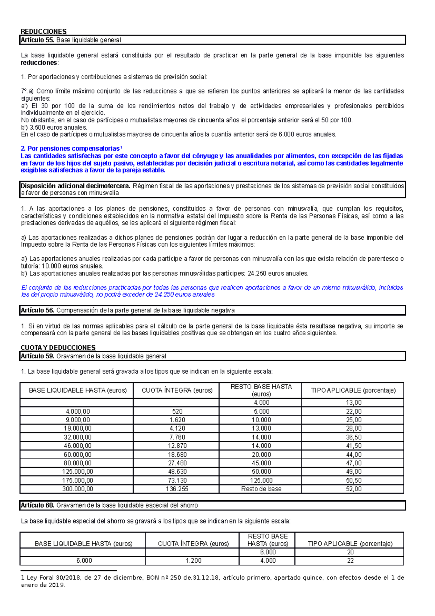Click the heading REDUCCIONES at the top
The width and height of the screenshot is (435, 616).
(43, 32)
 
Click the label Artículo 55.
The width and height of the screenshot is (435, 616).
(37, 40)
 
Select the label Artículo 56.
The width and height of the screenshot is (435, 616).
(37, 310)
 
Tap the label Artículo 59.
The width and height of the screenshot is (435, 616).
(37, 356)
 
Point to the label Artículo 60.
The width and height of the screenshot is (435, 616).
(37, 505)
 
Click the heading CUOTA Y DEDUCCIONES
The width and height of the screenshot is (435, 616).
(58, 348)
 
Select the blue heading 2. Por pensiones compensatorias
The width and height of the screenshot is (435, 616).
(71, 148)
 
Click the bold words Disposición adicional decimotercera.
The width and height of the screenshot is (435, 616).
(75, 186)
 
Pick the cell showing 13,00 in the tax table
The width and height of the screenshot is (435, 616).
(353, 402)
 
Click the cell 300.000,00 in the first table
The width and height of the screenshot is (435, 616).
(78, 489)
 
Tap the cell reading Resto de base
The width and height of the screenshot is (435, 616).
(261, 489)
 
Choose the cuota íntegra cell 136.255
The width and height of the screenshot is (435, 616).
(177, 489)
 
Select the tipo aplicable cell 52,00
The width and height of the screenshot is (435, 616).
(353, 489)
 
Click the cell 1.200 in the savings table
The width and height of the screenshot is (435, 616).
(194, 560)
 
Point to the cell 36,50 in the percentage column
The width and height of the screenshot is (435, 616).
(353, 437)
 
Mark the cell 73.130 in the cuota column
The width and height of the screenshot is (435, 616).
(177, 480)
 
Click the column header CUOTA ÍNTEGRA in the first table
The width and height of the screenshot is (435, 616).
(177, 390)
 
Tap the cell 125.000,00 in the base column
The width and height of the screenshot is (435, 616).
(78, 472)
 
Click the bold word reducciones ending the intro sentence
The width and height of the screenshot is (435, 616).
(39, 63)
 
